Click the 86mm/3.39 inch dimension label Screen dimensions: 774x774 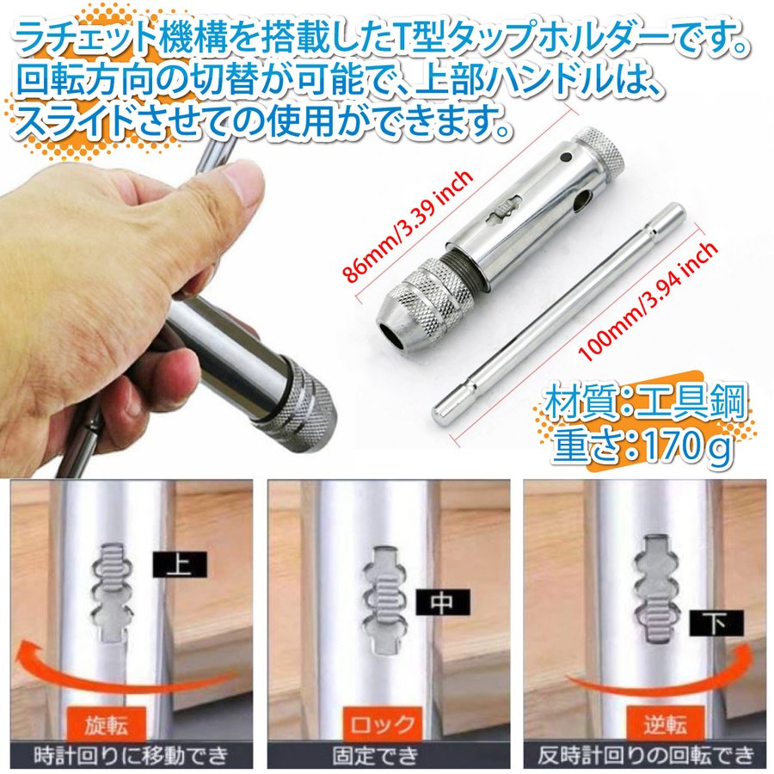(408, 226)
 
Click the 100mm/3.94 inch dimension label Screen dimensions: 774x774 (647, 300)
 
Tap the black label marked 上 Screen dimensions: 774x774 (179, 564)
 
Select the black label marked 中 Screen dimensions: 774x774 (442, 602)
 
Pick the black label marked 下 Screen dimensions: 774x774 (716, 623)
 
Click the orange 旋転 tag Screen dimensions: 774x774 (106, 725)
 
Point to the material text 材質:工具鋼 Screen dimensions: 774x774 (645, 402)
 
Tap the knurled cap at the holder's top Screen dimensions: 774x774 (601, 152)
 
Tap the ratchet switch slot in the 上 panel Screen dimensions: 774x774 (112, 593)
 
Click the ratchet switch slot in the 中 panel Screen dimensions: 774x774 (385, 601)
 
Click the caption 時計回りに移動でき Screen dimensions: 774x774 (132, 756)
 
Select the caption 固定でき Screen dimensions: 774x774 (375, 756)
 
